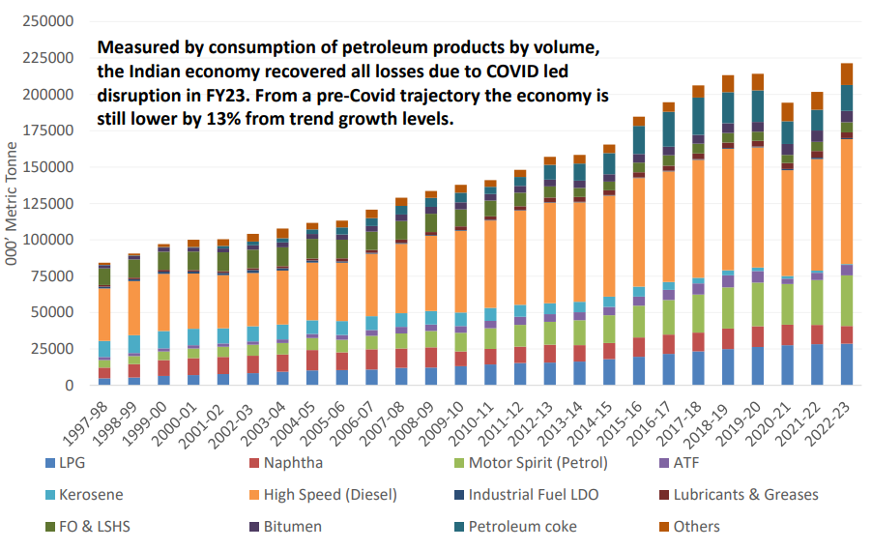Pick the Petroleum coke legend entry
[x=523, y=527]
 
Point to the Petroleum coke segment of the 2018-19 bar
[x=728, y=107]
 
